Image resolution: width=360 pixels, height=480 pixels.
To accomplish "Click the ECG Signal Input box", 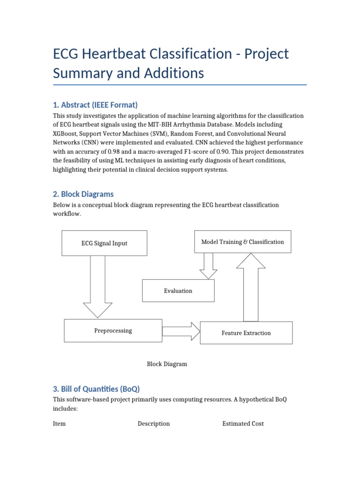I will point(105,243).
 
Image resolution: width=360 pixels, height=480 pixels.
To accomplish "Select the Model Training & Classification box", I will point(242,242).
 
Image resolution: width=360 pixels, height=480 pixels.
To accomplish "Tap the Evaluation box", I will point(178,291).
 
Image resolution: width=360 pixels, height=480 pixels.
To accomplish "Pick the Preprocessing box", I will point(113,330).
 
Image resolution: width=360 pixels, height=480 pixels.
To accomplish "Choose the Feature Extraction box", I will point(246,333).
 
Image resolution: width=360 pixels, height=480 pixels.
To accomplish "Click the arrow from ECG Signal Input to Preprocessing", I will point(98,286).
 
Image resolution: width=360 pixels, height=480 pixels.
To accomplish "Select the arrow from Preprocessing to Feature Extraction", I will point(181,331).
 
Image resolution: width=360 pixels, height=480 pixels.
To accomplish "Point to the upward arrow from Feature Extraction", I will point(251,286).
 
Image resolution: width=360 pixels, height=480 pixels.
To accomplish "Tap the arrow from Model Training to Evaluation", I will point(208,266).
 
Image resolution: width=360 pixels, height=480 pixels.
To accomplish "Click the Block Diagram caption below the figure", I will point(167,364).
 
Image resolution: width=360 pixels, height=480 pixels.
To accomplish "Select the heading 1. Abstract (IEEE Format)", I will point(95,105).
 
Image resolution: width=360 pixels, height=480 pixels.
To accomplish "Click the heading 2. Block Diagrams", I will point(83,194).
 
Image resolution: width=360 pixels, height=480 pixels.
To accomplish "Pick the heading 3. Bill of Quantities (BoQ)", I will point(96,389).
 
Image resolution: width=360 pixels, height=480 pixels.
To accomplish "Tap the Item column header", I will point(59,423).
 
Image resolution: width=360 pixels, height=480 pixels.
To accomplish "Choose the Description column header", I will point(154,423).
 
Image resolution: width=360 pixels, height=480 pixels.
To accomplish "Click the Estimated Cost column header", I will point(243,423).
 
